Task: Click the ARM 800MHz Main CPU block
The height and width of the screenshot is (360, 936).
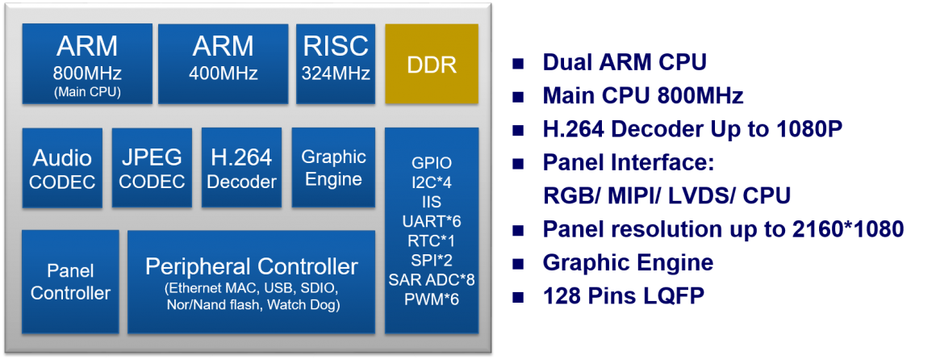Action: point(87,64)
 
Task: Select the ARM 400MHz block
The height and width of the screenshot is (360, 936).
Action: point(224,64)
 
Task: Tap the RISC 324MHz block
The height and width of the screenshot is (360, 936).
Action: point(336,64)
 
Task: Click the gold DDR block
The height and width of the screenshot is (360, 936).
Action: point(432,64)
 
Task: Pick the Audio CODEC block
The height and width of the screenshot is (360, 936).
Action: point(62,169)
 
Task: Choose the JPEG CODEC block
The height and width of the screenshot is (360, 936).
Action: point(152,169)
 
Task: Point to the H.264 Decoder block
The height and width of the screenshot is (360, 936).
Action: point(241,169)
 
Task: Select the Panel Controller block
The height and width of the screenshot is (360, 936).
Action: point(70,282)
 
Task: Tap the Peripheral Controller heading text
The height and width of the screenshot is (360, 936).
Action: point(252,266)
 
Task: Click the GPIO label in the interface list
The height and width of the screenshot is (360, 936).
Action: point(432,162)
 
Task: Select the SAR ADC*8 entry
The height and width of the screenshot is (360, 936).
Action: point(432,279)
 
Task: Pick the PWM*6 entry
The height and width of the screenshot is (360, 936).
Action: point(432,299)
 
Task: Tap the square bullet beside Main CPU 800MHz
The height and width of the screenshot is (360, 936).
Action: point(517,97)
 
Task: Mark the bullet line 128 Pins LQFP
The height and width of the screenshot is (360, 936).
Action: point(624,296)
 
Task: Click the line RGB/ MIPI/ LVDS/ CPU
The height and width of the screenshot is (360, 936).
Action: point(666,196)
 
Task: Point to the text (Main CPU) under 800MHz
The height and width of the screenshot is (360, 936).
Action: point(87,92)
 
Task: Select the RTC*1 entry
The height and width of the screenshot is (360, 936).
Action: point(432,241)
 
